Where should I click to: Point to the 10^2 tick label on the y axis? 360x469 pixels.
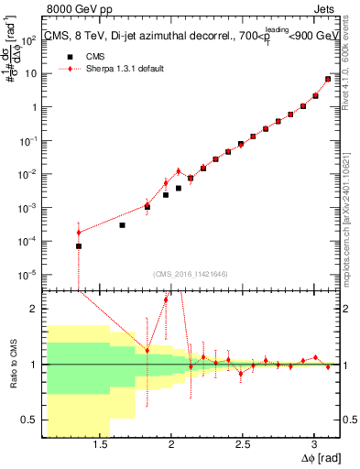pos(27,39)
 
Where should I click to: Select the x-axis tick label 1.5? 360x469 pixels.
pos(100,444)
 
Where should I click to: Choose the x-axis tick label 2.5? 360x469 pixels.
pos(243,444)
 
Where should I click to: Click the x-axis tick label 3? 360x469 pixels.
pos(314,444)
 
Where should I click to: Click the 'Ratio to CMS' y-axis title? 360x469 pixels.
pos(10,365)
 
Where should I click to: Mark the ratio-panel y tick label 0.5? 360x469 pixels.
pos(27,420)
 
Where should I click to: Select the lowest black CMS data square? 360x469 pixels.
pos(79,246)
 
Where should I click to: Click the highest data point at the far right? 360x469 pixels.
pos(328,79)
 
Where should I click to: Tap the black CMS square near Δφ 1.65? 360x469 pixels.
pos(122,224)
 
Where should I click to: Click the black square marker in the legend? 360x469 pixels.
pos(66,56)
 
